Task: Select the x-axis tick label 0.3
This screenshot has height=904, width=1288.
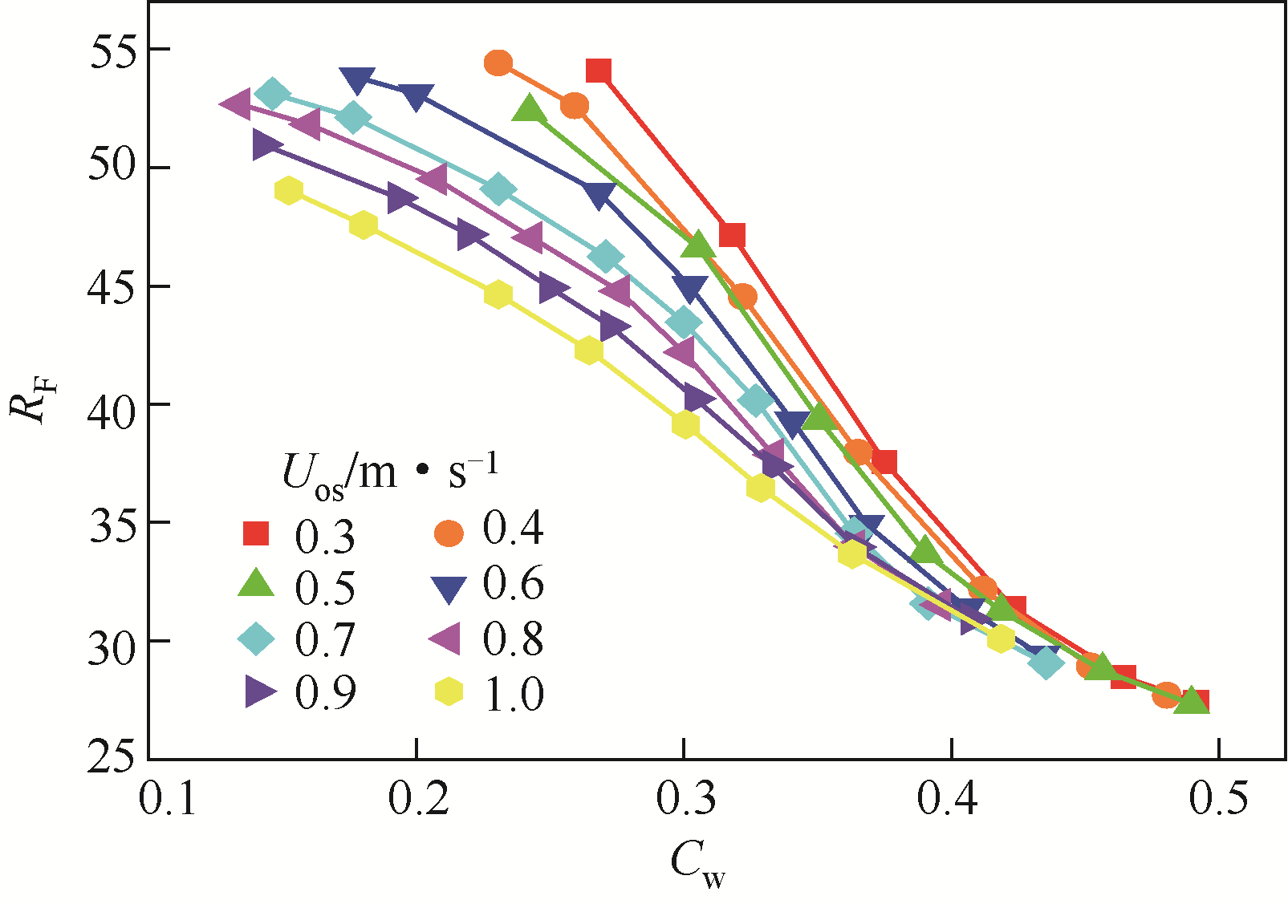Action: point(683,799)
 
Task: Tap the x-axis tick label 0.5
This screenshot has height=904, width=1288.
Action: point(1218,799)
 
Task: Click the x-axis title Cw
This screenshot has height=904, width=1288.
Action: point(697,866)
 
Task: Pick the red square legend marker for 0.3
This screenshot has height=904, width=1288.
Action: point(256,533)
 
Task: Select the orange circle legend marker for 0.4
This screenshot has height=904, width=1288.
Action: point(449,533)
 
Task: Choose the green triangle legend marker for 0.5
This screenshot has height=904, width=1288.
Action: point(256,584)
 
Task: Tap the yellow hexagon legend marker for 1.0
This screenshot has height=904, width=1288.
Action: point(449,691)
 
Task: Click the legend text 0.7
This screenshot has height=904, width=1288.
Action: point(325,639)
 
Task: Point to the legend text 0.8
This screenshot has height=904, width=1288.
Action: point(513,639)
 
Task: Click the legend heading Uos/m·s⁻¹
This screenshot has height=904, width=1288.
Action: point(390,472)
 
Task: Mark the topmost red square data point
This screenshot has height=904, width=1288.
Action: point(599,71)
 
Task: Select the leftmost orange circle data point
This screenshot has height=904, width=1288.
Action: point(498,63)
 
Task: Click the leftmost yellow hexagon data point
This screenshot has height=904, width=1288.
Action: point(288,190)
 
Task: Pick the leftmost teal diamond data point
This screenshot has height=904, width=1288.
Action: point(272,93)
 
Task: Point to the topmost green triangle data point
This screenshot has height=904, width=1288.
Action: point(529,109)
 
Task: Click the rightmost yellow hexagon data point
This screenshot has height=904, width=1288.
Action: point(1000,639)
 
